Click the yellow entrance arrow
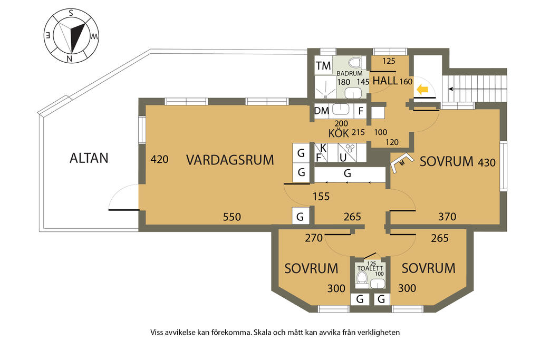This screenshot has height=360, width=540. (x=422, y=90)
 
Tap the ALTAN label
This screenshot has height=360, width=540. (x=89, y=158)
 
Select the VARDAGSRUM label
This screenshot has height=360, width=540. (x=230, y=160)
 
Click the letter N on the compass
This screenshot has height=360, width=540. (x=69, y=58)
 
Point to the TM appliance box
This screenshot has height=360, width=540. (x=323, y=66)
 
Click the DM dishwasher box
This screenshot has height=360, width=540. (x=322, y=111)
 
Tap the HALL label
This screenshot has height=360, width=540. (x=385, y=81)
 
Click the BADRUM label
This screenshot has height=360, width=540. (x=349, y=73)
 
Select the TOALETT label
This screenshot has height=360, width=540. (x=370, y=268)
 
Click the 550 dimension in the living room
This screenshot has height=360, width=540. (x=232, y=217)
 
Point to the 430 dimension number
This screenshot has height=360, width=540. (x=486, y=163)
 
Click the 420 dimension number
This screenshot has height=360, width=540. (x=159, y=159)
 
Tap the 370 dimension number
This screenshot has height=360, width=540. (x=447, y=216)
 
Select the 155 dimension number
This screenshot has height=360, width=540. (x=321, y=197)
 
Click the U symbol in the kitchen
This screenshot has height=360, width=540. (x=343, y=157)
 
